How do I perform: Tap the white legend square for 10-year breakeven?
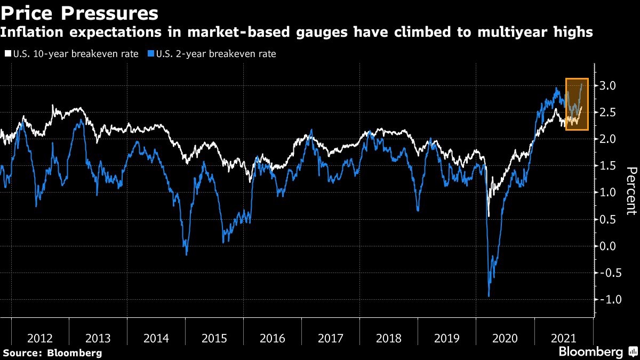pyautogui.click(x=7, y=54)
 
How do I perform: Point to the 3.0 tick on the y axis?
pyautogui.click(x=608, y=85)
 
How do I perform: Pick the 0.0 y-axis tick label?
pyautogui.click(x=608, y=246)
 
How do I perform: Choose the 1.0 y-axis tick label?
pyautogui.click(x=608, y=193)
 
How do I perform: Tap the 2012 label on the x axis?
pyautogui.click(x=40, y=339)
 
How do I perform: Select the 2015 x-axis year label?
pyautogui.click(x=214, y=339)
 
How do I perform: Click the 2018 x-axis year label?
pyautogui.click(x=388, y=339)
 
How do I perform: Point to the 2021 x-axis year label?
pyautogui.click(x=563, y=339)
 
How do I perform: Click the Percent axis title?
pyautogui.click(x=631, y=190)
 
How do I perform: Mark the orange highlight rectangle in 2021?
pyautogui.click(x=577, y=104)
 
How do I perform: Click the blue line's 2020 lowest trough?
pyautogui.click(x=489, y=296)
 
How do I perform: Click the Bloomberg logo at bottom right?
pyautogui.click(x=590, y=352)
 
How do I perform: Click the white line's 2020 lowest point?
pyautogui.click(x=489, y=215)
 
